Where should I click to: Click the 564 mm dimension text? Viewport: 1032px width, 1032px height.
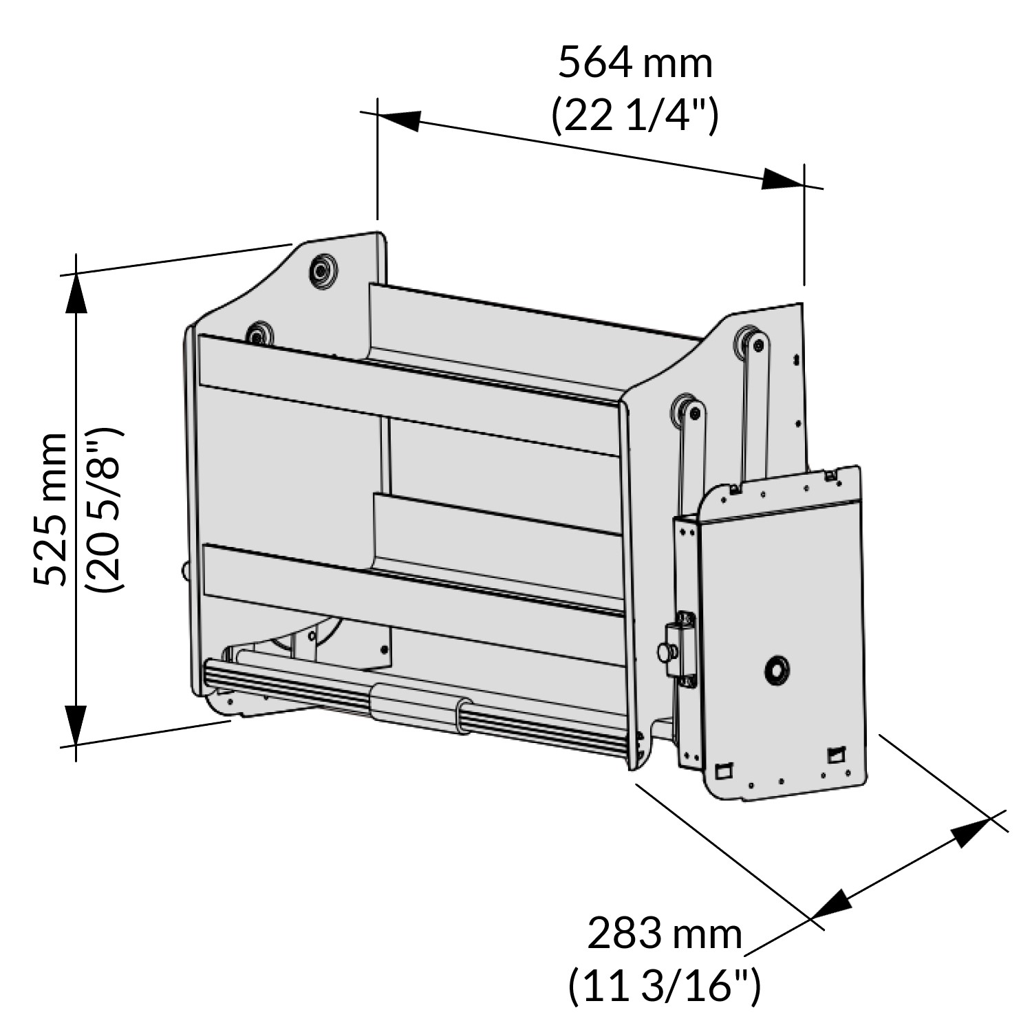[634, 63]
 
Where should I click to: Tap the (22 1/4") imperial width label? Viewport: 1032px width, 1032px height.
[634, 116]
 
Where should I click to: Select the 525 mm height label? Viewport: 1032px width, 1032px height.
[52, 509]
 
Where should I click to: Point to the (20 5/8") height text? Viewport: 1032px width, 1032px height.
[103, 509]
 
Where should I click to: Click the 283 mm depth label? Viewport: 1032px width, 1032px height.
[665, 934]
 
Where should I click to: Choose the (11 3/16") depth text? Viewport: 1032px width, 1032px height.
[665, 986]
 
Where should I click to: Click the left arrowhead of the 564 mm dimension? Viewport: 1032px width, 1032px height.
[399, 119]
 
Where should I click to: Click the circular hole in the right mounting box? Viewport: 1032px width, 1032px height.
[777, 669]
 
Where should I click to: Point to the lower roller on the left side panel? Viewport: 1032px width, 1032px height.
[259, 335]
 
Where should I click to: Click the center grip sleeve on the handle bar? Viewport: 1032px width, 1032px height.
[414, 705]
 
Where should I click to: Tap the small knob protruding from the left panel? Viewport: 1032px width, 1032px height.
[185, 570]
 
